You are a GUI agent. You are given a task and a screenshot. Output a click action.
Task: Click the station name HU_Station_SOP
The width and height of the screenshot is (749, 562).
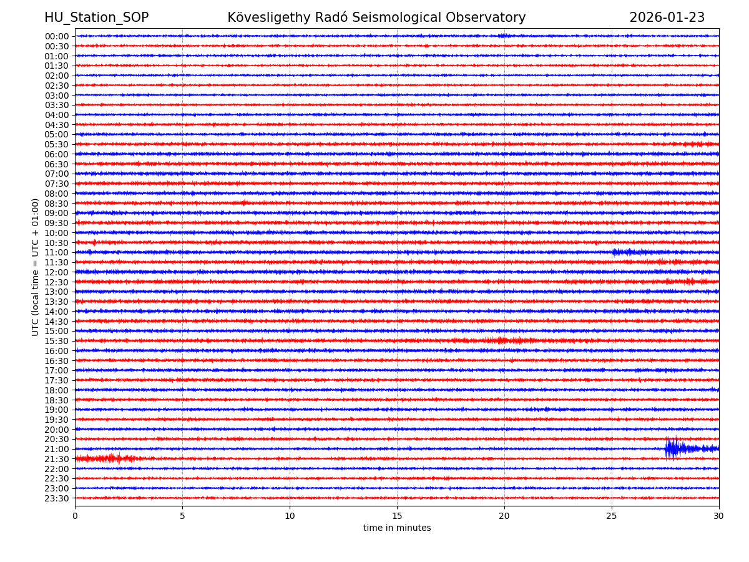pyautogui.click(x=96, y=17)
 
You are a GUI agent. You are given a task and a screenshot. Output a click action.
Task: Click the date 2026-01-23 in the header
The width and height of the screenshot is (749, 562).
pyautogui.click(x=667, y=17)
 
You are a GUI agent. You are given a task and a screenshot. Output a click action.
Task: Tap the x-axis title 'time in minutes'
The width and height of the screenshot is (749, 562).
pyautogui.click(x=397, y=528)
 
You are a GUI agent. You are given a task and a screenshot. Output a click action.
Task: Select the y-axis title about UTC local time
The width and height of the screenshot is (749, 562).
pyautogui.click(x=36, y=267)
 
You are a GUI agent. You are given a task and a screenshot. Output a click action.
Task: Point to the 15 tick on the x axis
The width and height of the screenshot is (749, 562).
pyautogui.click(x=397, y=516)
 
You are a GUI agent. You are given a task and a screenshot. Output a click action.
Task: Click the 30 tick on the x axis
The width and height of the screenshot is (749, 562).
pyautogui.click(x=719, y=516)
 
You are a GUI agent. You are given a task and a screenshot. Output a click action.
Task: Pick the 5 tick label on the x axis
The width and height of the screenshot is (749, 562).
pyautogui.click(x=182, y=516)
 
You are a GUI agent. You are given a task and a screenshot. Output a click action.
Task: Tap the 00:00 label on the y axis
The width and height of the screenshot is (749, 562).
pyautogui.click(x=57, y=36)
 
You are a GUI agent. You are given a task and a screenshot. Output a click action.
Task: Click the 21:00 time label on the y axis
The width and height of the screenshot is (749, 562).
pyautogui.click(x=57, y=449)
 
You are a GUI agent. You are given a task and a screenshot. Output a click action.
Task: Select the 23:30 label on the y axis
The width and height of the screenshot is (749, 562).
pyautogui.click(x=57, y=498)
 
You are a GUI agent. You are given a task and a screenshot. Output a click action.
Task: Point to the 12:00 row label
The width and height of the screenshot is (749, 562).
pyautogui.click(x=57, y=272)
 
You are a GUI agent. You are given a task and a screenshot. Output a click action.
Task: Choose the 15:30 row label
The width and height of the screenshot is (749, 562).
pyautogui.click(x=57, y=341)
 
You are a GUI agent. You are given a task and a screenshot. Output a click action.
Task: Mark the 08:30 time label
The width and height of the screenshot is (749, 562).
pyautogui.click(x=57, y=204)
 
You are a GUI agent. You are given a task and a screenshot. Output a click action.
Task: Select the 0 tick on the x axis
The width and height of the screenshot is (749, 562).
pyautogui.click(x=75, y=516)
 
